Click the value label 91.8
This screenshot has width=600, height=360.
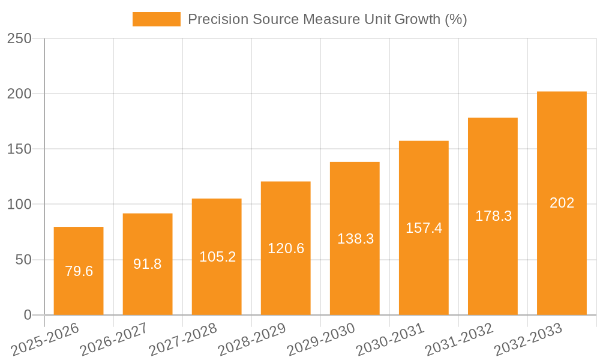click(148, 264)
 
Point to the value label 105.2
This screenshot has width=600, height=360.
click(217, 257)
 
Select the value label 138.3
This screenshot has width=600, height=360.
click(355, 239)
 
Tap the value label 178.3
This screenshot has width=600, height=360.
click(493, 216)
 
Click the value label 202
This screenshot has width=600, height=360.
click(562, 203)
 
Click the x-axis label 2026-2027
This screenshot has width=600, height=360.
click(113, 339)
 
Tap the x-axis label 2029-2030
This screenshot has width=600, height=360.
click(320, 339)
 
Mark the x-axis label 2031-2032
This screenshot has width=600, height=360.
click(458, 339)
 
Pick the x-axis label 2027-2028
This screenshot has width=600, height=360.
click(182, 339)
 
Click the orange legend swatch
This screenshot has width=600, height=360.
click(156, 19)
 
